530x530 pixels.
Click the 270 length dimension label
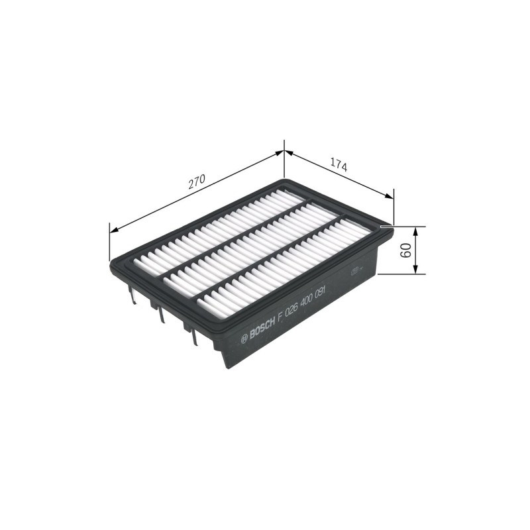pos(197,182)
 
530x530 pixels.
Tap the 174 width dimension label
pos(339,165)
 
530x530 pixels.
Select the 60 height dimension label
pos(406,250)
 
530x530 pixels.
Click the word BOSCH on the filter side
pos(262,328)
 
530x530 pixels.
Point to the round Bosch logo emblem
pos(244,340)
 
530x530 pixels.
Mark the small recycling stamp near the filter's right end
pos(355,271)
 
